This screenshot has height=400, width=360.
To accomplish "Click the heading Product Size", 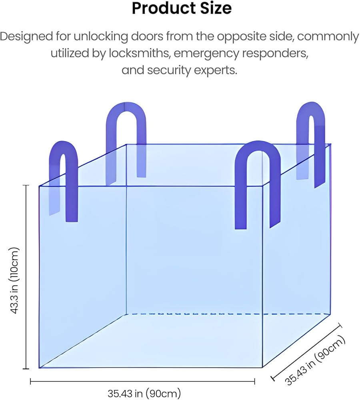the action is point(181,8).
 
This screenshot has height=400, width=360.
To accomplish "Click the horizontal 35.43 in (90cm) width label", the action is point(144,393).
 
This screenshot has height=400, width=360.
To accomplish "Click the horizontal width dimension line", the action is point(143,382).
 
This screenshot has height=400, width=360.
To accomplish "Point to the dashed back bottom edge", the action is point(228,314).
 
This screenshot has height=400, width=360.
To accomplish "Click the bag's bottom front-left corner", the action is point(39,368).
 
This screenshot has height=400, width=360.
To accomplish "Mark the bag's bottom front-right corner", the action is point(262,367).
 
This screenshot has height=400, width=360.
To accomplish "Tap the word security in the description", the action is point(171,70).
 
